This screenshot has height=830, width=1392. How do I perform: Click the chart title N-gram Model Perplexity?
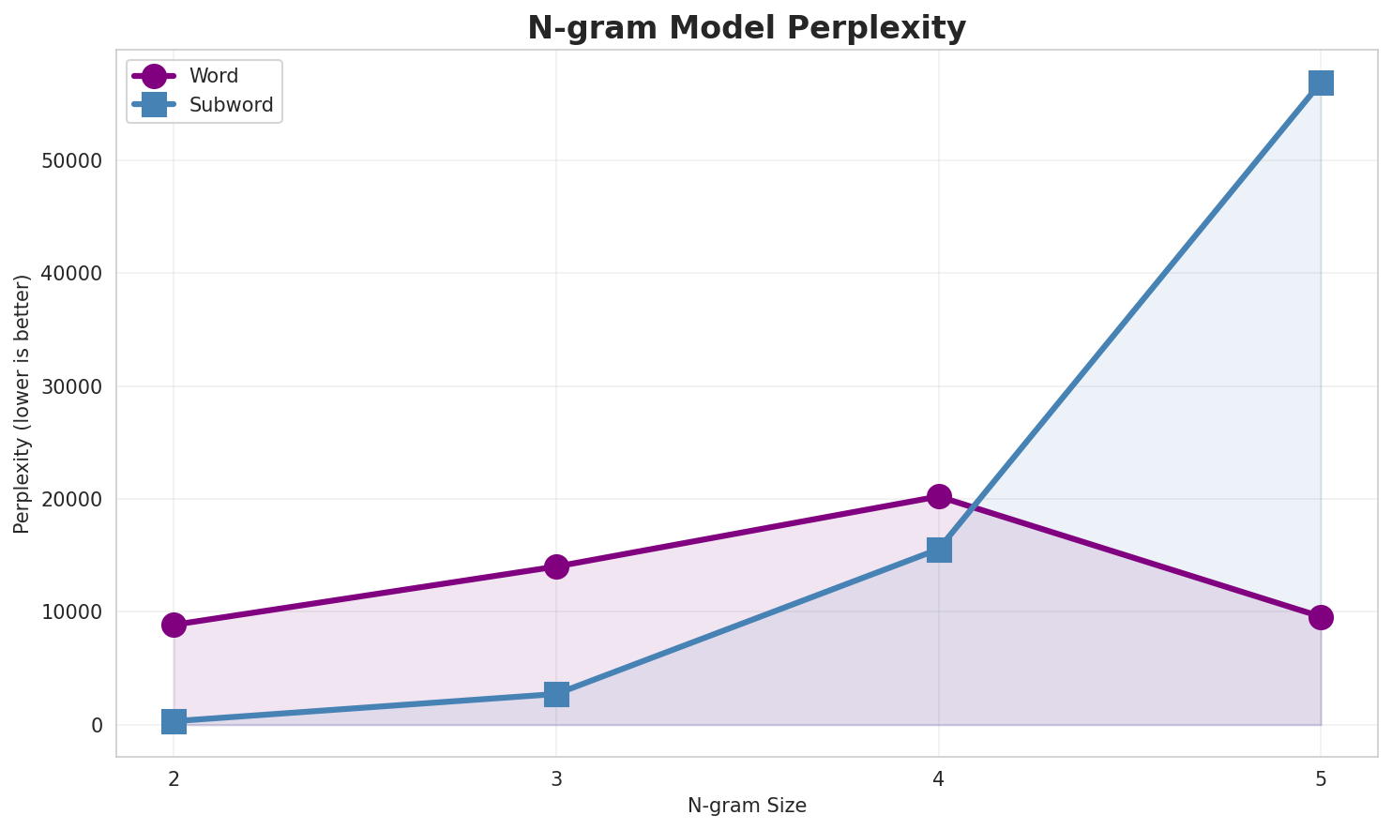point(746,28)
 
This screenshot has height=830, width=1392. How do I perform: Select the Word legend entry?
point(213,76)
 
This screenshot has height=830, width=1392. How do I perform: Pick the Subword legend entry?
point(231,105)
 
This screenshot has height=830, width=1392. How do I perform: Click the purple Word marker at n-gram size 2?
point(174,625)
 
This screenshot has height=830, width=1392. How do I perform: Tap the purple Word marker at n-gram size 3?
point(556,566)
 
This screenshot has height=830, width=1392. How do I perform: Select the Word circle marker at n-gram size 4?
point(939,496)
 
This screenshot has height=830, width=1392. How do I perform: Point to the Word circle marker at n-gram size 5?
point(1321,617)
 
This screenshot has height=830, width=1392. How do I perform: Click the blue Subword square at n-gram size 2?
point(174,721)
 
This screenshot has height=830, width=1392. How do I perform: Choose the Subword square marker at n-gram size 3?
point(556,694)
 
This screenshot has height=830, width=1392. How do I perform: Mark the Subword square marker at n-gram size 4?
point(939,550)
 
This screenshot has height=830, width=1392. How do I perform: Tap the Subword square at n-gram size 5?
point(1321,83)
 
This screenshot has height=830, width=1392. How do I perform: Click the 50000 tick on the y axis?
point(71,160)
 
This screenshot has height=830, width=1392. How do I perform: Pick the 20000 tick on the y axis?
point(71,499)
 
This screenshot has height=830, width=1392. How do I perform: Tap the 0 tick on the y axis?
point(97,725)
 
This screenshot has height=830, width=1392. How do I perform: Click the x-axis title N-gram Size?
point(747,806)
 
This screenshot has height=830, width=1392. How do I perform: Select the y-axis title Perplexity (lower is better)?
point(23,403)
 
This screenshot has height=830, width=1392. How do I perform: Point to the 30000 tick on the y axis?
point(71,386)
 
